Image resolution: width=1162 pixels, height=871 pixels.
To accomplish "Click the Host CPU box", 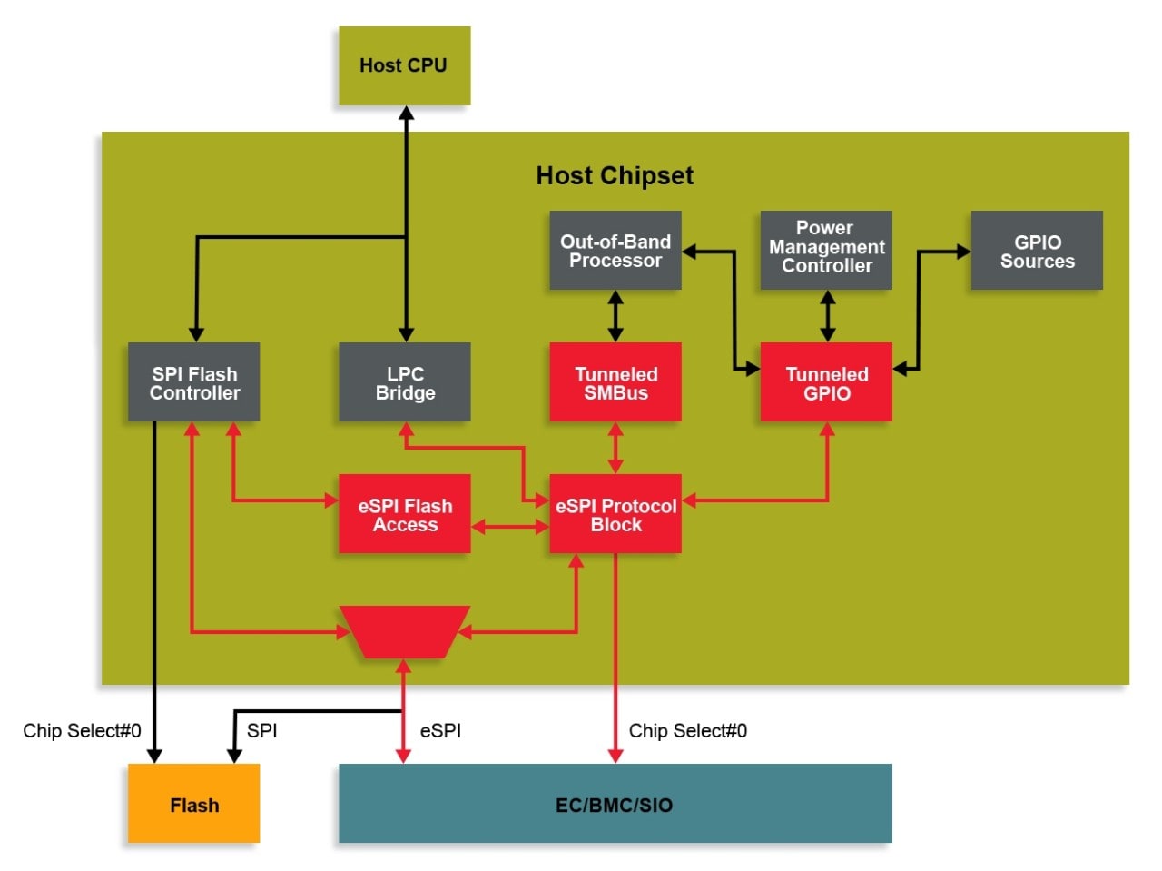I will [x=404, y=65].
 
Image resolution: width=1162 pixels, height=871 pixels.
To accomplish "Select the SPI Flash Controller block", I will [x=193, y=382].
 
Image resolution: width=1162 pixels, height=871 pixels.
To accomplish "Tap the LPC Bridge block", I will [x=405, y=382].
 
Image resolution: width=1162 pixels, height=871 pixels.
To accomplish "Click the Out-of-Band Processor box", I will [x=615, y=251].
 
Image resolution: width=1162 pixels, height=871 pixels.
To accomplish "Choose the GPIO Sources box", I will [x=1037, y=251].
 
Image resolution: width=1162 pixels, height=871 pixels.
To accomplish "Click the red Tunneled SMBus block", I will [x=615, y=382].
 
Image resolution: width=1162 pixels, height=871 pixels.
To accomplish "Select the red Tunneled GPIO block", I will [x=826, y=382].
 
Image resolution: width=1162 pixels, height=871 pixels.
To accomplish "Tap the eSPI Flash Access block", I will [x=405, y=514].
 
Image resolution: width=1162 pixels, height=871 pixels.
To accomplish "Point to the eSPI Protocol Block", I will [x=615, y=514].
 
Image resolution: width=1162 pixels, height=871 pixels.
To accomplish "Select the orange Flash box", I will [x=193, y=804].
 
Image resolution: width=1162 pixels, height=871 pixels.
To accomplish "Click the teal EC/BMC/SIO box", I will [x=615, y=804].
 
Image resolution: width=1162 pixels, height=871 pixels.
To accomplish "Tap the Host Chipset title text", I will [x=615, y=175].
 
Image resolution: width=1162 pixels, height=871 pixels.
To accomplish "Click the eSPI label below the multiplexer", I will [x=440, y=731].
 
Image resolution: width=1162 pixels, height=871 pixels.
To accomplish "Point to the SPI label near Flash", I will [x=261, y=731].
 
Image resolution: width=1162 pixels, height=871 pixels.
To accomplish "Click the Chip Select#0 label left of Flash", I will [x=82, y=731].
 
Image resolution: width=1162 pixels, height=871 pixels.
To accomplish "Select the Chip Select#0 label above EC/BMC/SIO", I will [x=687, y=731].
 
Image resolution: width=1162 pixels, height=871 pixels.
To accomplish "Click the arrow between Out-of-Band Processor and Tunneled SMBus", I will [x=615, y=316].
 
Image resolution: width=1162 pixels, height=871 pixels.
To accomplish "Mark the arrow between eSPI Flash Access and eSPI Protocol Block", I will [x=510, y=527].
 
